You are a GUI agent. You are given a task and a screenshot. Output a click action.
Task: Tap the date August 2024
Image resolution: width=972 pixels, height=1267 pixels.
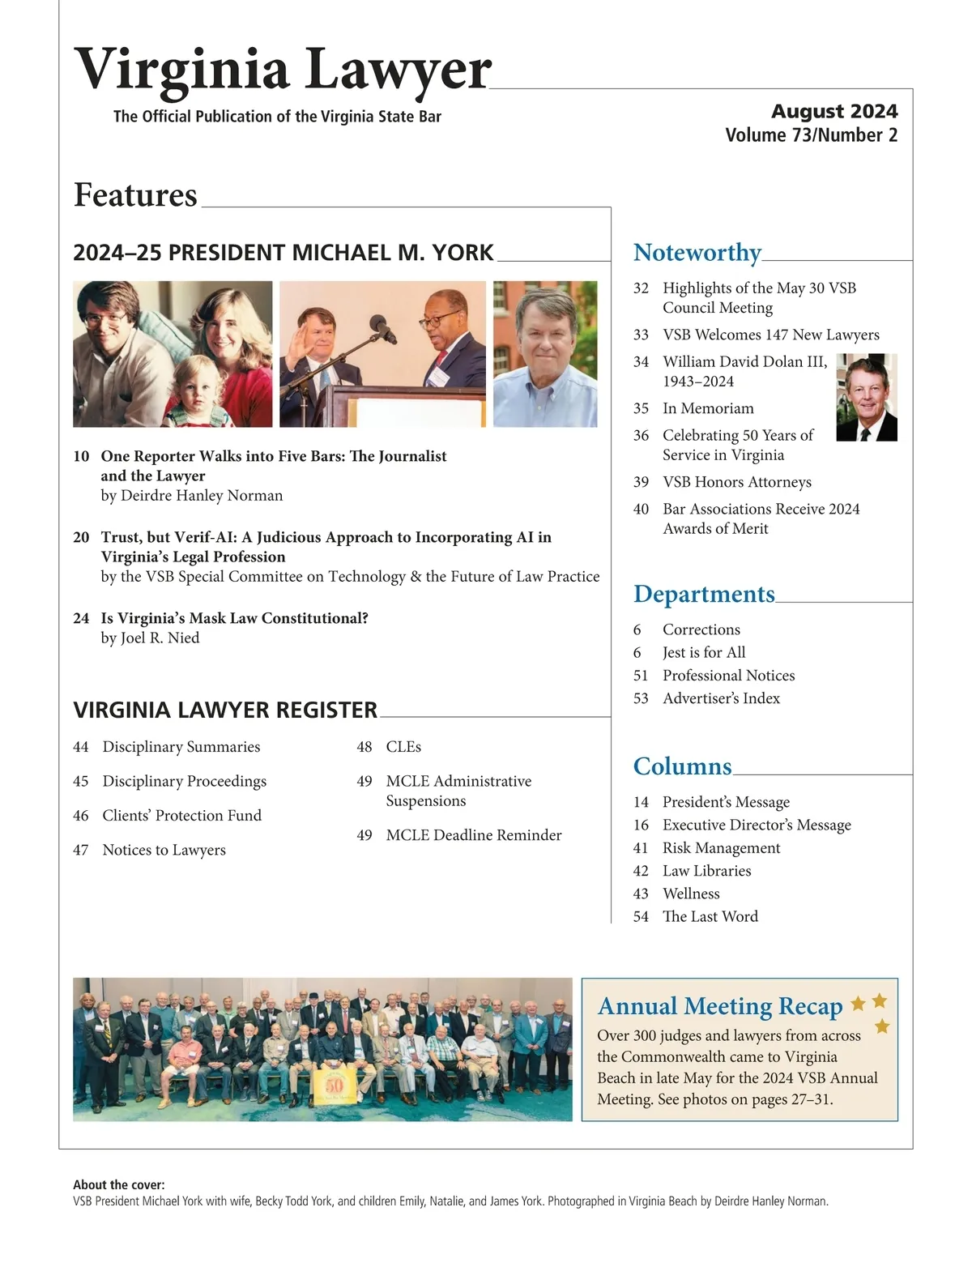click(834, 111)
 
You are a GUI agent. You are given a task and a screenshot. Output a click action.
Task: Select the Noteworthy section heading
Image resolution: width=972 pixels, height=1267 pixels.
click(697, 253)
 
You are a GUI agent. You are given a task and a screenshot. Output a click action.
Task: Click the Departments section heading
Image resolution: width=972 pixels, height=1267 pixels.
click(704, 594)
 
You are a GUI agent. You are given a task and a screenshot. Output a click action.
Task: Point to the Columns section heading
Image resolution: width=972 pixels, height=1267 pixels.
click(682, 766)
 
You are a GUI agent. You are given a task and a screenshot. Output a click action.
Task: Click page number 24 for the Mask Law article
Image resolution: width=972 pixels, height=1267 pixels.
click(81, 618)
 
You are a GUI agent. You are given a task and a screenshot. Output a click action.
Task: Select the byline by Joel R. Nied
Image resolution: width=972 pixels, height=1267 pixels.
click(150, 638)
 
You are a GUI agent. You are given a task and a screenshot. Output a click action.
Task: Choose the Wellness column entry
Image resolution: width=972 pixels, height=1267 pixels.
click(691, 894)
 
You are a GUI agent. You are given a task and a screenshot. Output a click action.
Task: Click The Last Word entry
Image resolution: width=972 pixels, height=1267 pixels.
click(710, 916)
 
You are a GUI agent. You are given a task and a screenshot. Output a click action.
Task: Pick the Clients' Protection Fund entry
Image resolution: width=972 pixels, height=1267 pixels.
click(181, 816)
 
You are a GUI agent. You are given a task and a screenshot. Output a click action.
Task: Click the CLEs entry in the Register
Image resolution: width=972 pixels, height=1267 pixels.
click(403, 747)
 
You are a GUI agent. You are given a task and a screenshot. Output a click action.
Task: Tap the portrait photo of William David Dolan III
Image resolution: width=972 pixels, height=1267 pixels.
click(867, 397)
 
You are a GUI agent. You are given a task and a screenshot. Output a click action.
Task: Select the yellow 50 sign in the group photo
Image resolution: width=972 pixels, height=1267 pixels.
click(334, 1084)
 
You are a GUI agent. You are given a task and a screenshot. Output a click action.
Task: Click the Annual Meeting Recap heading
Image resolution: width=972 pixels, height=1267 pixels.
click(720, 1006)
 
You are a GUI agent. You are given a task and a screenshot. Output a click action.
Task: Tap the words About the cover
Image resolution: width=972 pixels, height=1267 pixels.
click(119, 1184)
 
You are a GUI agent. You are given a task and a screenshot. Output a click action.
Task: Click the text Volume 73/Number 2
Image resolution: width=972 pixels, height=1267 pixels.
click(811, 135)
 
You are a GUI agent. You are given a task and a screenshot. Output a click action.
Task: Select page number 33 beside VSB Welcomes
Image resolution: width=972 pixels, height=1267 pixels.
click(641, 335)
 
